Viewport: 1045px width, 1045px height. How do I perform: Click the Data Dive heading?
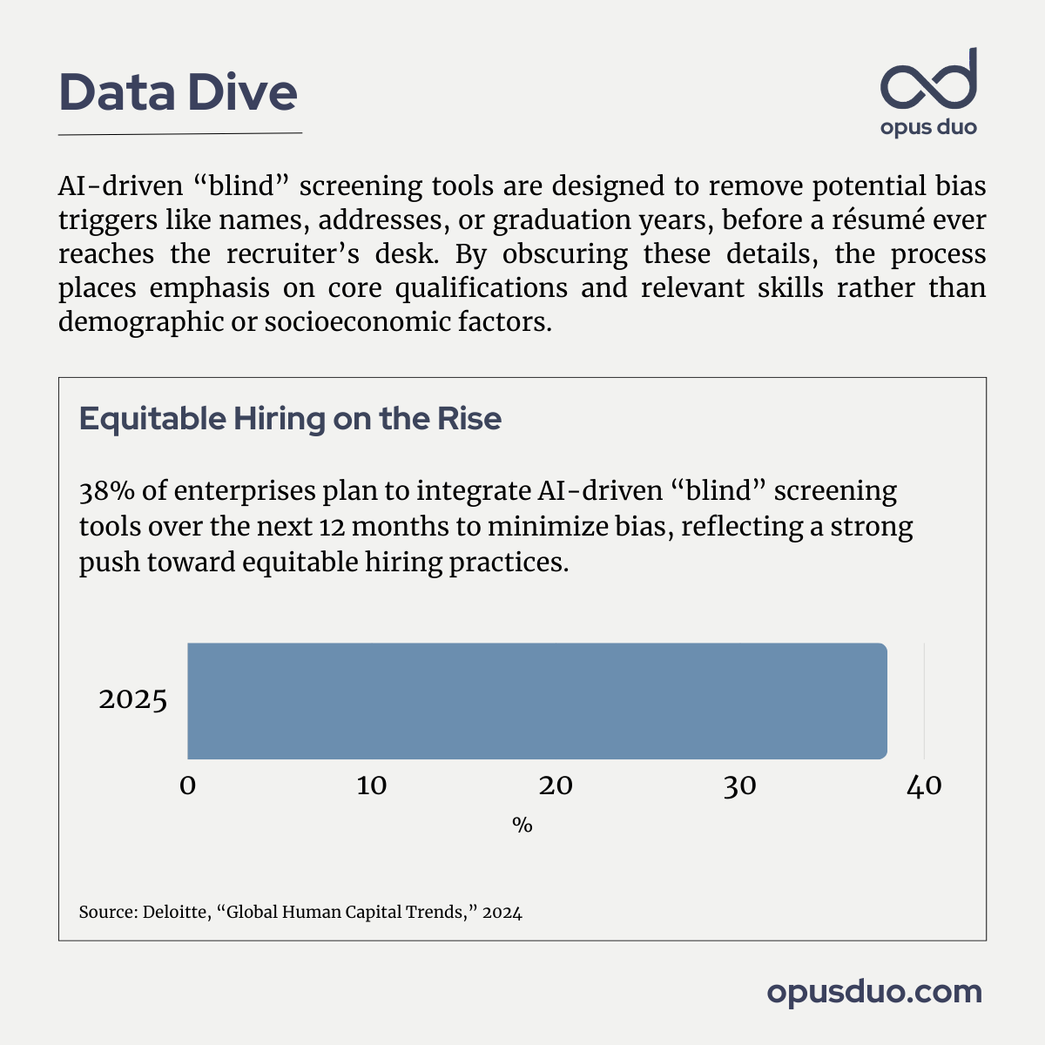179,92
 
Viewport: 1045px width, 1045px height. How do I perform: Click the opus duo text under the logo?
928,128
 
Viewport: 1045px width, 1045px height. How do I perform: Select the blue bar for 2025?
536,701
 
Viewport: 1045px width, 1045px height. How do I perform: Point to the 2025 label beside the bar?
132,700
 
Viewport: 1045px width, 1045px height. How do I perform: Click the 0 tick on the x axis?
187,786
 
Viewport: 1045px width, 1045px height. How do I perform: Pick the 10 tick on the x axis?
372,786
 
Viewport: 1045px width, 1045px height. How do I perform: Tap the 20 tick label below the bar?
556,786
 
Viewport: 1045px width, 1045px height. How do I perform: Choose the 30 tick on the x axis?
739,786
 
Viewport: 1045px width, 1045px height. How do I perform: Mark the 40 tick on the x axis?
924,786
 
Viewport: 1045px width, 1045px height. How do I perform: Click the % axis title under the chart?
522,826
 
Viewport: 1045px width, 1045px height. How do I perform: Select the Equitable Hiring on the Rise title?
290,419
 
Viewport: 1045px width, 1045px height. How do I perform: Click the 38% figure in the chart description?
106,492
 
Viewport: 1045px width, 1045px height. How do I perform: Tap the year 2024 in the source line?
502,914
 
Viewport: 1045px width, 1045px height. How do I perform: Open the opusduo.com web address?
874,992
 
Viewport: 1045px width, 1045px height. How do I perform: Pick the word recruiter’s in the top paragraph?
279,254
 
